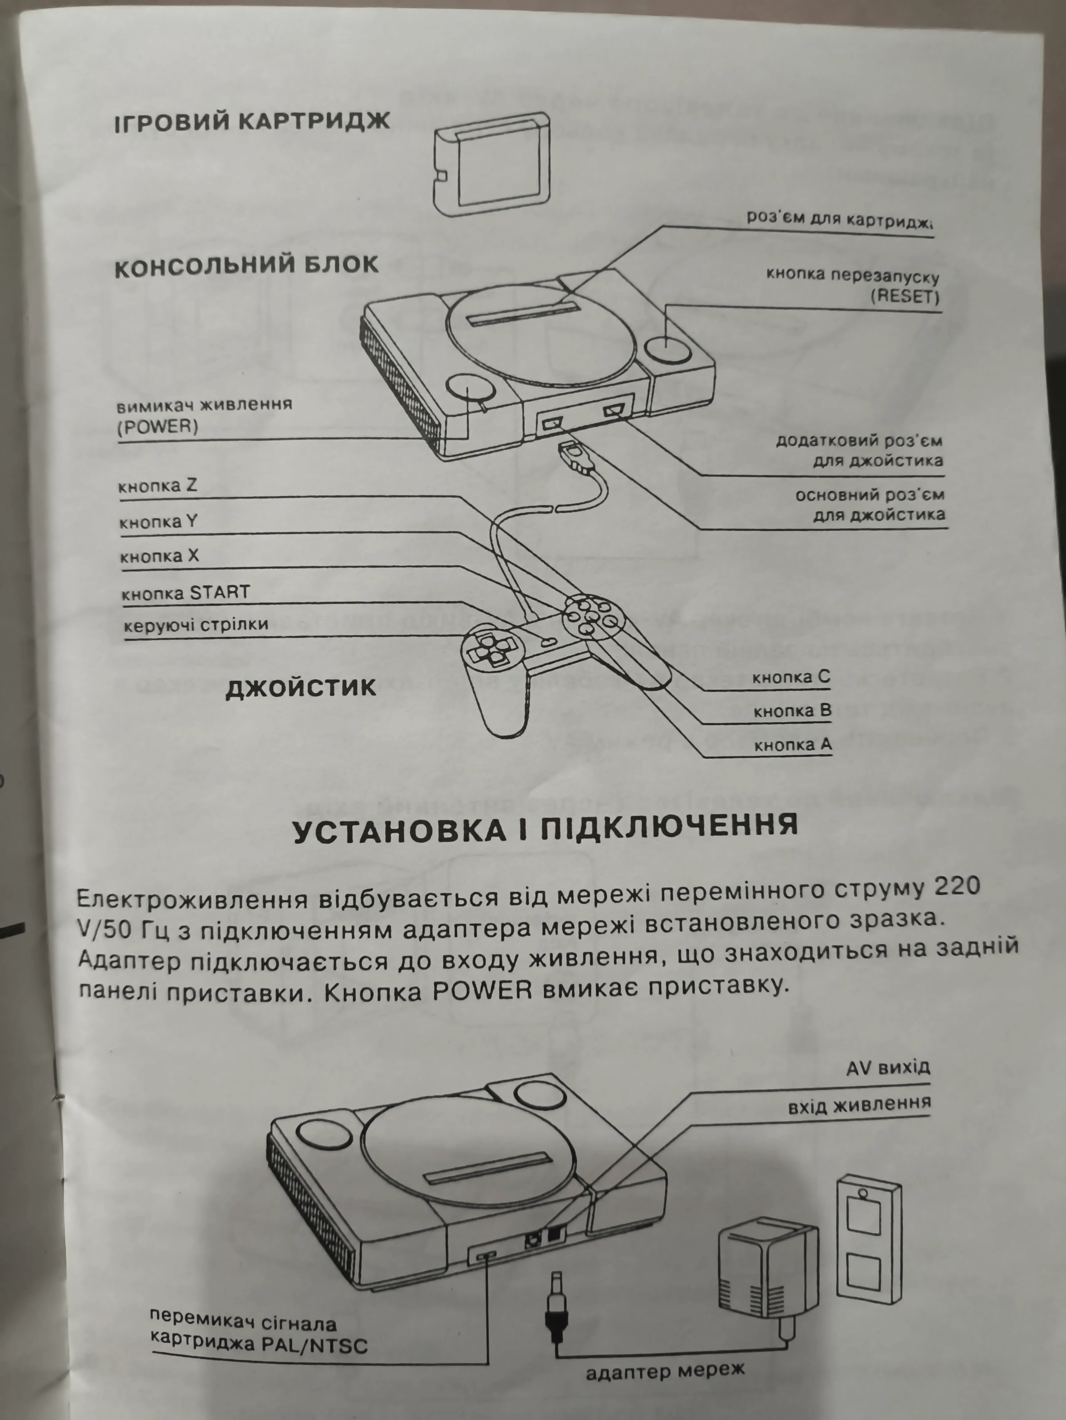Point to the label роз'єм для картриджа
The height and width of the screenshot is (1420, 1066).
[839, 219]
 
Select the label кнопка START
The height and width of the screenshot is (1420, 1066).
[185, 592]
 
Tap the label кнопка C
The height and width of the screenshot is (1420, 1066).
[791, 677]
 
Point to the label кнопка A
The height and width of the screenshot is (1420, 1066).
[793, 745]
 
